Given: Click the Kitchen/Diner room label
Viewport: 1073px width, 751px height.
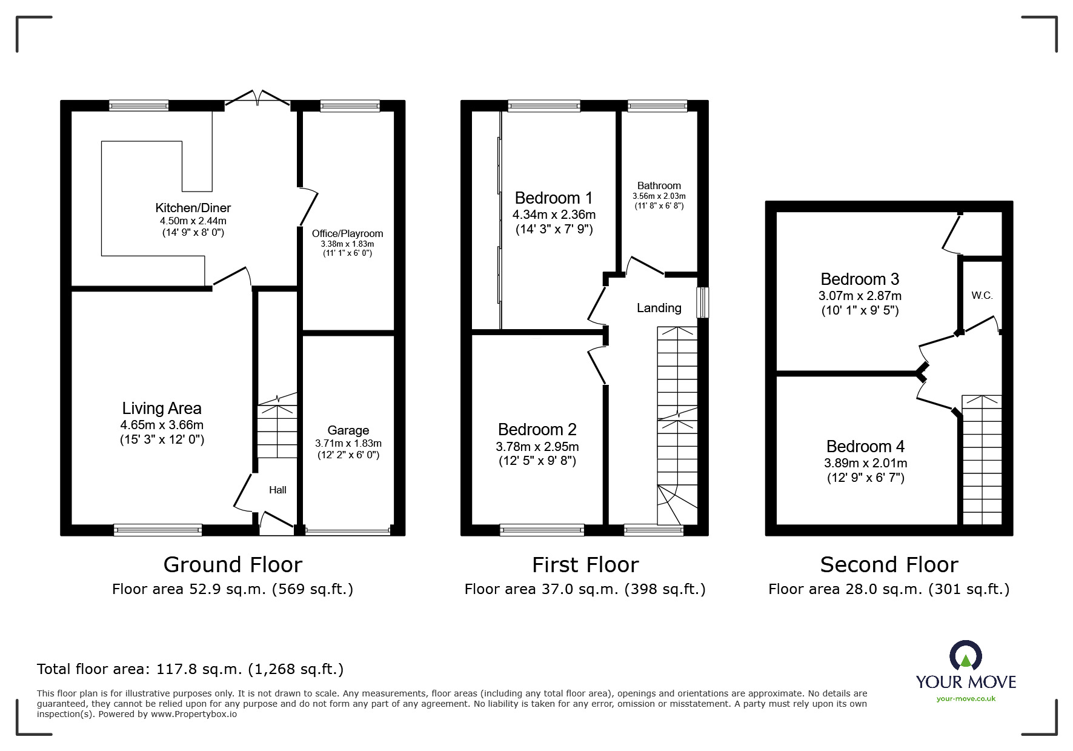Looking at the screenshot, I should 193,208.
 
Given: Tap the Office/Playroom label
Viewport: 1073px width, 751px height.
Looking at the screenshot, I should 347,233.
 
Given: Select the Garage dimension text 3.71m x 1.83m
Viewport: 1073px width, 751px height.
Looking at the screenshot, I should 348,443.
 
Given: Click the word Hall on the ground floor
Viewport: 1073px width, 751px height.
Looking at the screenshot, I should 277,490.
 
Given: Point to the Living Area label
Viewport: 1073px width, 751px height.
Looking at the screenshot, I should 162,409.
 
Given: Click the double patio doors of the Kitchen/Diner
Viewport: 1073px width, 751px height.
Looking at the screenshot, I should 258,99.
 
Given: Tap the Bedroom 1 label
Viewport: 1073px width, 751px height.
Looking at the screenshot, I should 553,198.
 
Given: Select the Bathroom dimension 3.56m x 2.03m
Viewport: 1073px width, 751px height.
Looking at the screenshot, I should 659,196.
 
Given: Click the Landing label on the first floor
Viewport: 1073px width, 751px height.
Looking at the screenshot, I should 659,308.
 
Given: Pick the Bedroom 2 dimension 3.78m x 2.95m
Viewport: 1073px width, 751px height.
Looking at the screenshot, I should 537,447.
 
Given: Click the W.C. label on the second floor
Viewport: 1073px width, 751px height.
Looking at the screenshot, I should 982,296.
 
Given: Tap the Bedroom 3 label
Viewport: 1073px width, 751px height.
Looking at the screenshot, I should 859,279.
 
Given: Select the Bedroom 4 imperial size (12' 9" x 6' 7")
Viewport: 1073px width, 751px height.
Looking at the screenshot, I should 865,478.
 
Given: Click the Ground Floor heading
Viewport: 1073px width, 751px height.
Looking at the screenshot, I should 233,565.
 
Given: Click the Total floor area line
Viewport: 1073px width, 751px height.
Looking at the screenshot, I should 190,669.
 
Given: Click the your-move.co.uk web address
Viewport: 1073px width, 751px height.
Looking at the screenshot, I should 966,699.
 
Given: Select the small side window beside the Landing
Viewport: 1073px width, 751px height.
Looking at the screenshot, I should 702,302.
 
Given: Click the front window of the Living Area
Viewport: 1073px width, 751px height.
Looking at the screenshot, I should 158,530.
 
